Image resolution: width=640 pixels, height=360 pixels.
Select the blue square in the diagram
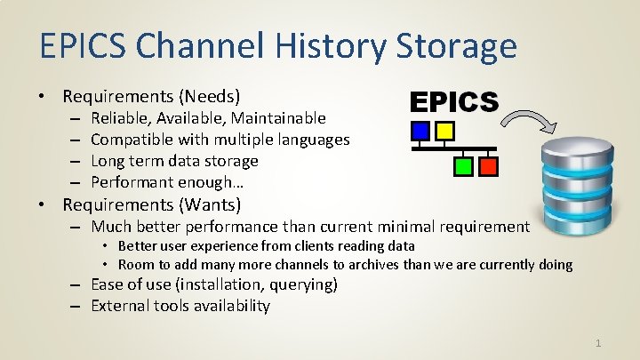pyautogui.click(x=420, y=132)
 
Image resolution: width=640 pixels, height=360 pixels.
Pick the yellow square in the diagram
pyautogui.click(x=444, y=132)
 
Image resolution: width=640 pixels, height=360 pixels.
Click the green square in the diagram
pyautogui.click(x=462, y=165)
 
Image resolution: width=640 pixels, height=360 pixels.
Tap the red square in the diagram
pyautogui.click(x=486, y=165)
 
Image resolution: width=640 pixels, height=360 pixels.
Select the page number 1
pyautogui.click(x=598, y=342)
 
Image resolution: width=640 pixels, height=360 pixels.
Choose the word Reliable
pyautogui.click(x=119, y=118)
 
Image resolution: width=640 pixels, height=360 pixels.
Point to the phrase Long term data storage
pyautogui.click(x=174, y=161)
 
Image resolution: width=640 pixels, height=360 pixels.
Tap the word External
pyautogui.click(x=121, y=306)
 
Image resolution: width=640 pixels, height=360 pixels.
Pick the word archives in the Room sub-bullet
pyautogui.click(x=356, y=265)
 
